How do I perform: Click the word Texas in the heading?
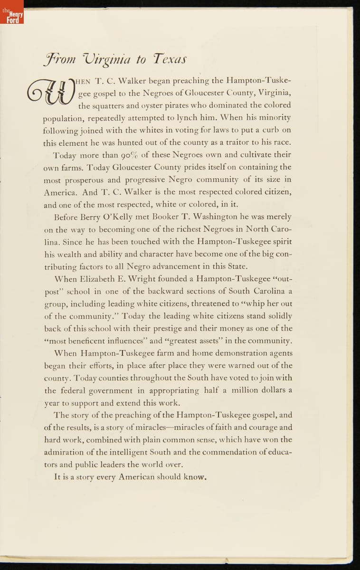[169, 59]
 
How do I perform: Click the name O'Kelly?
[111, 217]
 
